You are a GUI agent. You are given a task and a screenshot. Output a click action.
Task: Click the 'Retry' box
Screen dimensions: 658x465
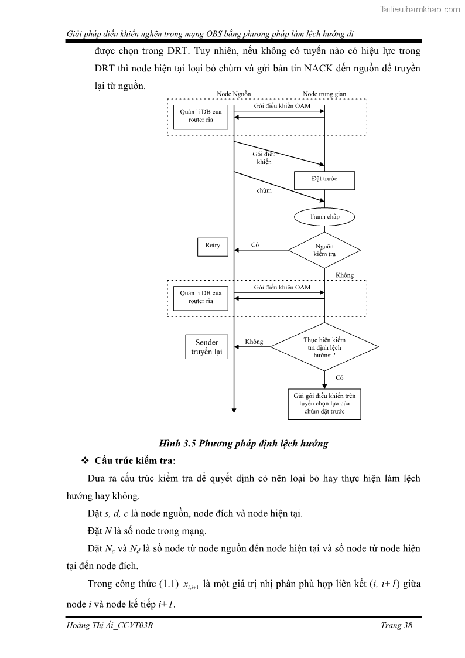click(x=213, y=246)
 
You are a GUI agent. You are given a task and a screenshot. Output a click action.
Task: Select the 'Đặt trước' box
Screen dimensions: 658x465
click(x=324, y=180)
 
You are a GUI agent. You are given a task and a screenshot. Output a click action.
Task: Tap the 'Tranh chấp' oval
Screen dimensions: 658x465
click(x=324, y=217)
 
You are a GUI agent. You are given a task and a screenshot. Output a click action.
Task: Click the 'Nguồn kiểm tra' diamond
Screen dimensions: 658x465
click(x=324, y=250)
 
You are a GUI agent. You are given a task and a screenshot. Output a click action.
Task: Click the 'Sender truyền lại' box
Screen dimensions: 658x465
click(x=205, y=347)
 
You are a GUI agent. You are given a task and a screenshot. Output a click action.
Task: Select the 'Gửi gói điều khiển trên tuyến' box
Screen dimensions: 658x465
click(x=324, y=404)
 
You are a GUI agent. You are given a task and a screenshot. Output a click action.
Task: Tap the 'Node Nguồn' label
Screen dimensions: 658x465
click(x=234, y=94)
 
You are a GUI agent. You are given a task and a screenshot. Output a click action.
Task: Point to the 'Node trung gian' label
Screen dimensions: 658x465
click(x=324, y=94)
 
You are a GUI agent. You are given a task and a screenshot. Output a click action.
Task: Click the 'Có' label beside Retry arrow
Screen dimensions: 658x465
click(x=255, y=245)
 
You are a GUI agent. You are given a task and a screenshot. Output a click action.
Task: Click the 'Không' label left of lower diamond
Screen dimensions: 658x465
click(x=254, y=342)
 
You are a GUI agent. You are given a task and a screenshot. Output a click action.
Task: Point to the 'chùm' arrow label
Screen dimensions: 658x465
click(x=264, y=190)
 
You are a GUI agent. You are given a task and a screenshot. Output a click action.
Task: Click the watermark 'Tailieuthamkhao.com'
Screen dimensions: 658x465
click(x=420, y=9)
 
